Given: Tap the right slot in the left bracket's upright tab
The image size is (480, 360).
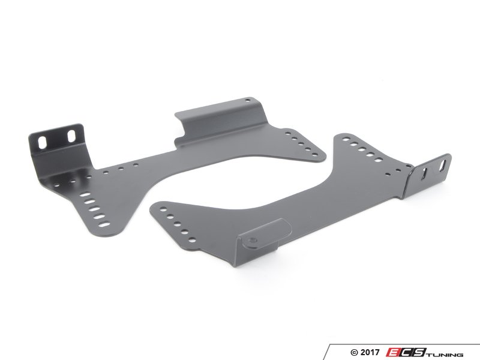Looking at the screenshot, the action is click(x=71, y=136).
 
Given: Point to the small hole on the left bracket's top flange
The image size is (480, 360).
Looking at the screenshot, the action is click(x=248, y=100).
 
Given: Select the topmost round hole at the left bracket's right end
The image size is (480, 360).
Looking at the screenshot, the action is click(x=289, y=133).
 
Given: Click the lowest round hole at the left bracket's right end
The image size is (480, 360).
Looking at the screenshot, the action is click(x=313, y=155).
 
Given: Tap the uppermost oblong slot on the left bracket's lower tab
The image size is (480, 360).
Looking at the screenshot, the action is click(x=86, y=194).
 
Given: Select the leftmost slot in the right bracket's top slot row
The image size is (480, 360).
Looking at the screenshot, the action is click(x=346, y=139).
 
